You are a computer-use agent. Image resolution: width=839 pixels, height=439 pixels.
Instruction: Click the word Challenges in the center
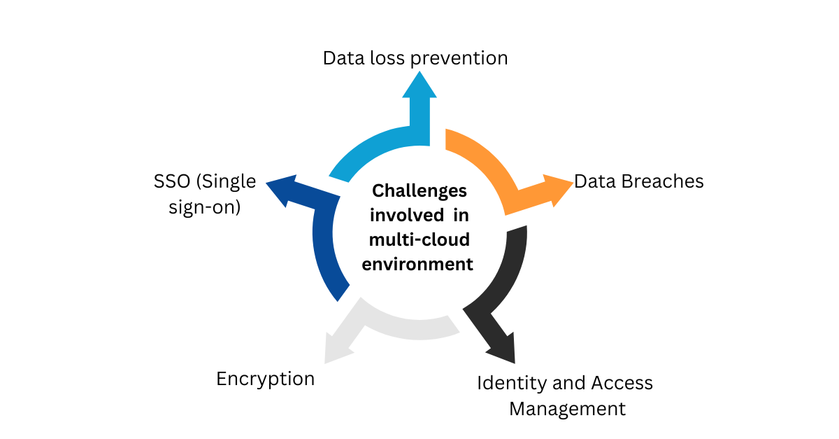pyautogui.click(x=419, y=190)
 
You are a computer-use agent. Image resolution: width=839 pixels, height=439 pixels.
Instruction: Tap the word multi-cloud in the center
pyautogui.click(x=419, y=239)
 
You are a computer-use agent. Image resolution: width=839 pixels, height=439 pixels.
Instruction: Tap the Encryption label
pyautogui.click(x=265, y=379)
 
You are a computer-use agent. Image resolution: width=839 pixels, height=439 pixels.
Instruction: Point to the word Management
pyautogui.click(x=567, y=408)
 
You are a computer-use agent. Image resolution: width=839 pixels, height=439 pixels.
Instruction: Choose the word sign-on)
pyautogui.click(x=205, y=207)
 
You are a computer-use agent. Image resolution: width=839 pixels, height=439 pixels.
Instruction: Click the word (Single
pyautogui.click(x=226, y=181)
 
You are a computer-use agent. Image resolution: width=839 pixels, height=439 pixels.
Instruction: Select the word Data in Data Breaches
pyautogui.click(x=593, y=181)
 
